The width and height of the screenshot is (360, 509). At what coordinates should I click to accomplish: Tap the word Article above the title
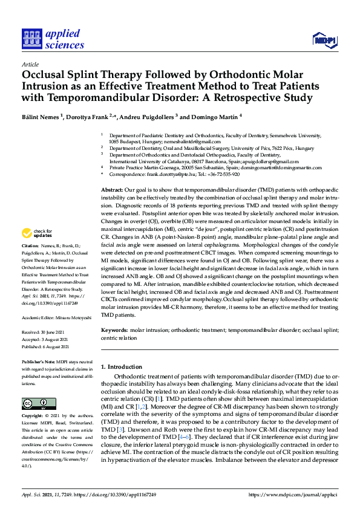(30, 63)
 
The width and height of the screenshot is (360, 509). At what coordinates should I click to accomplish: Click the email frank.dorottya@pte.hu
(165, 173)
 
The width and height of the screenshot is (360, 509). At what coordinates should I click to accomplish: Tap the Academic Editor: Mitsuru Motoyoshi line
(57, 316)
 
